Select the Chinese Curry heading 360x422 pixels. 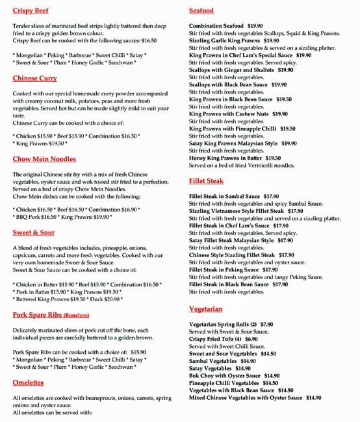(34, 79)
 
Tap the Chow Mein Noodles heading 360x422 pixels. (44, 159)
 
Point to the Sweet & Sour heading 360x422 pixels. (34, 232)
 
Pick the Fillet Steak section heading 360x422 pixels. (206, 181)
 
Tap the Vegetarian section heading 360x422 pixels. (205, 309)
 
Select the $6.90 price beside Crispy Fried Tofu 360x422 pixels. (251, 339)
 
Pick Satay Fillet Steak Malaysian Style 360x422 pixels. (231, 240)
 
